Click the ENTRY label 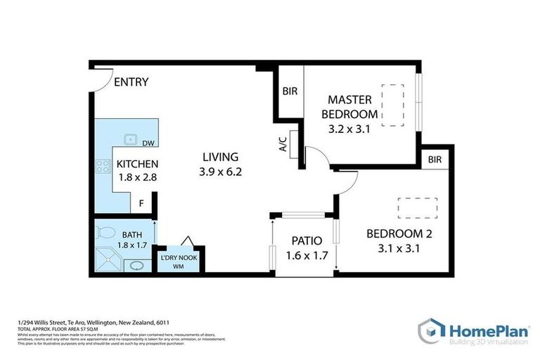point(131,82)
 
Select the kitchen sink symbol point(130,139)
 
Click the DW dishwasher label point(148,144)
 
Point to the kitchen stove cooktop point(103,167)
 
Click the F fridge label point(141,204)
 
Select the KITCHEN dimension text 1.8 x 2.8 point(136,178)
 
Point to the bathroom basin point(138,266)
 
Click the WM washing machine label point(179,266)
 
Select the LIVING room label point(221,157)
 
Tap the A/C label point(283,146)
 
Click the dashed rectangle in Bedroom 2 point(418,207)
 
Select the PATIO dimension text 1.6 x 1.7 point(307,256)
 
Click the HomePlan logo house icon point(430,330)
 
